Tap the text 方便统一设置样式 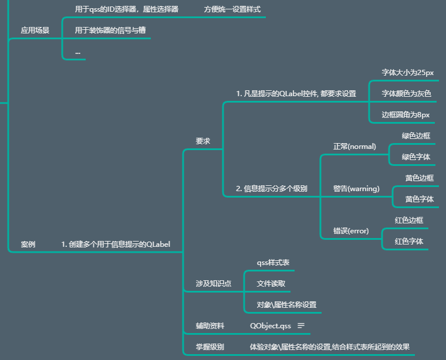pos(232,9)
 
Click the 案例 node pos(28,244)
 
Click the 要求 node pos(203,141)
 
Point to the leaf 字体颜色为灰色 pos(406,94)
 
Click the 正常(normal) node pos(354,146)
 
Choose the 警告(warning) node pos(356,188)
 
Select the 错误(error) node pos(351,230)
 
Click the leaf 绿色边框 pos(416,135)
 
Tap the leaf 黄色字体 pos(419,199)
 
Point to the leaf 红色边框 pos(409,220)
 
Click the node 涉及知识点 pos(214,283)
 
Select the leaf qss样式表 pos(273,263)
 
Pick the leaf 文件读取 pos(271,284)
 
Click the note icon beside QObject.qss pos(301,325)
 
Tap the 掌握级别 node pos(210,347)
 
